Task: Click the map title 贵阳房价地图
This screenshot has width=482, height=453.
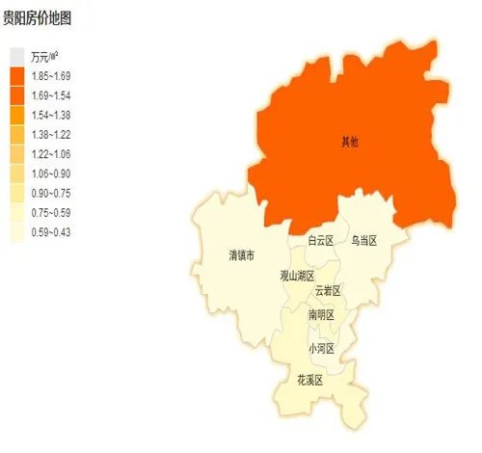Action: pos(38,17)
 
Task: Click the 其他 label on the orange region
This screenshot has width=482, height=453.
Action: pos(349,142)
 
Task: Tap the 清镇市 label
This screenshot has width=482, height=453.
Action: pos(241,255)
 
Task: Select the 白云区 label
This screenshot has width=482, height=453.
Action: pos(320,240)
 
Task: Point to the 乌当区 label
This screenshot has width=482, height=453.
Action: pos(364,240)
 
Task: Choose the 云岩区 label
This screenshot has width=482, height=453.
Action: pos(329,290)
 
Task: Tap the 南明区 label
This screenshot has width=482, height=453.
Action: pos(321,315)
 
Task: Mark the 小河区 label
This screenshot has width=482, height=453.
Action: pos(320,348)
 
